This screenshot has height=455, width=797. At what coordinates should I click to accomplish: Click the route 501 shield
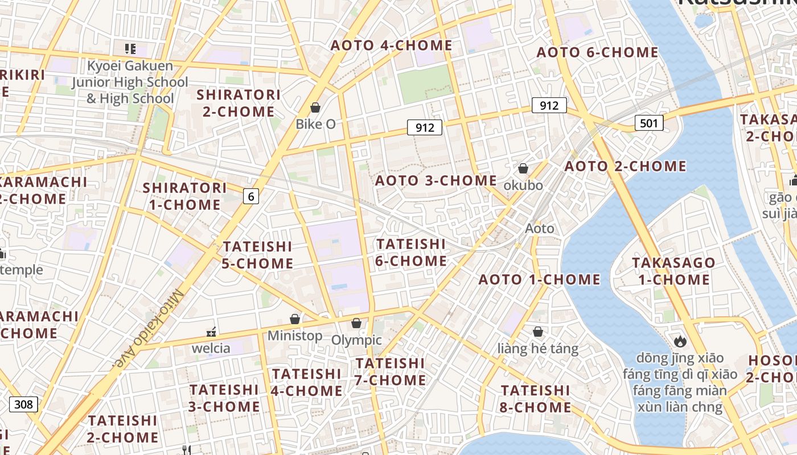click(x=649, y=122)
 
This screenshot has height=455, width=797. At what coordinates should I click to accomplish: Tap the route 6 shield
click(x=250, y=196)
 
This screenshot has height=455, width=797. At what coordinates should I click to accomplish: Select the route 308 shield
click(x=23, y=404)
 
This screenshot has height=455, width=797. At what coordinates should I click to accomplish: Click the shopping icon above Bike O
click(x=315, y=107)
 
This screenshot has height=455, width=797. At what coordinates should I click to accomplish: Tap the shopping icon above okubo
click(x=523, y=168)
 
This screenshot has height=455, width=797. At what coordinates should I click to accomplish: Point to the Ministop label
click(x=295, y=336)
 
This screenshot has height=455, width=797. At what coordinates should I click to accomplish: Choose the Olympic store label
click(x=356, y=340)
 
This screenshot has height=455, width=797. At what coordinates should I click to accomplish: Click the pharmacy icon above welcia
click(x=211, y=332)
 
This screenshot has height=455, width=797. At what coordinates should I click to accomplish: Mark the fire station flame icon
click(x=680, y=342)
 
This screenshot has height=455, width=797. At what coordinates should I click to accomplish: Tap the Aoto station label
click(x=539, y=229)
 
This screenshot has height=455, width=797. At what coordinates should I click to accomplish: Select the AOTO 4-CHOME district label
click(x=392, y=45)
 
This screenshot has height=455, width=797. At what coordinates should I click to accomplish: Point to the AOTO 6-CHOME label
click(x=598, y=53)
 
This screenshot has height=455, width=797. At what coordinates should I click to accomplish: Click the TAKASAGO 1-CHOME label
click(x=673, y=271)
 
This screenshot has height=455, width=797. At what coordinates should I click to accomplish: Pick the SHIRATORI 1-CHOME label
click(x=184, y=196)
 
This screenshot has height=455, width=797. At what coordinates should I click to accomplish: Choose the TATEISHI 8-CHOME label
click(x=535, y=399)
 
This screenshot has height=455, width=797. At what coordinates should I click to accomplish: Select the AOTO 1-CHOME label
click(x=539, y=280)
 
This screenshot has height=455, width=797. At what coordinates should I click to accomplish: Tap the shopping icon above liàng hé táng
click(x=538, y=332)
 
